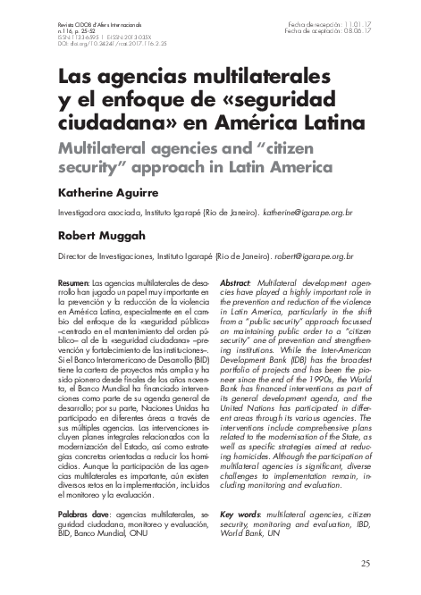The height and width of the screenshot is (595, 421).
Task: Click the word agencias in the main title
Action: click(x=123, y=72)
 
